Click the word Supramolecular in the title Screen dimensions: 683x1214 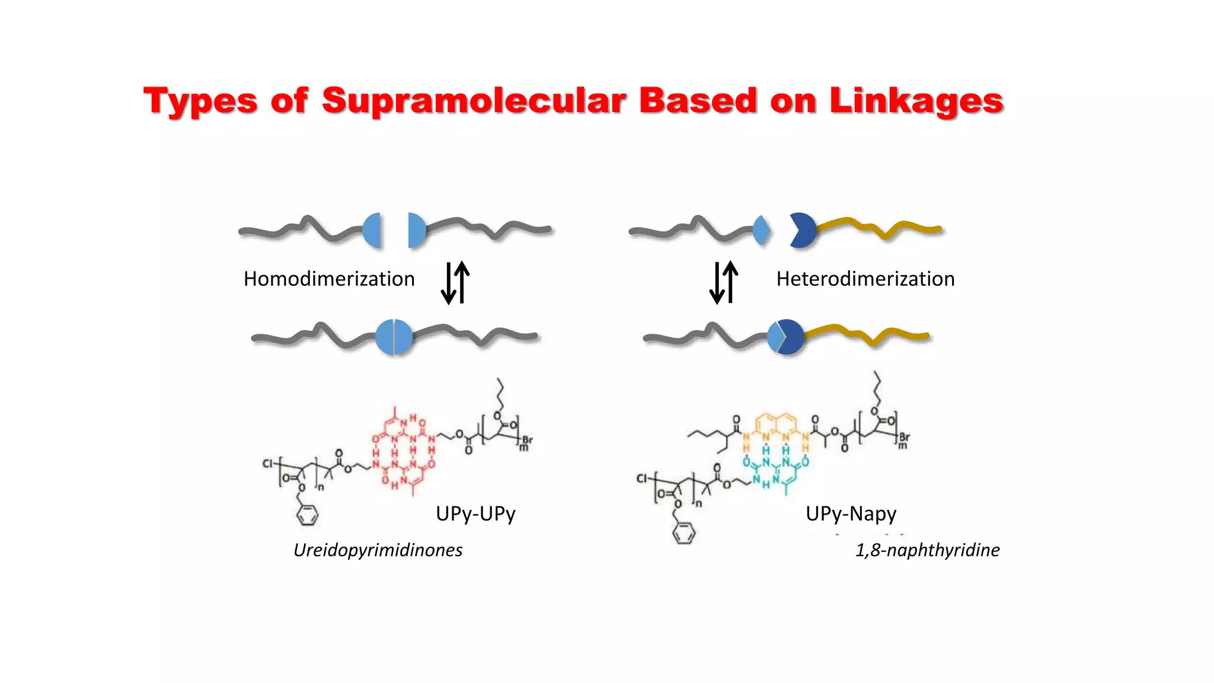[x=474, y=101]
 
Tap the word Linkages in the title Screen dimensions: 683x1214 [x=916, y=101]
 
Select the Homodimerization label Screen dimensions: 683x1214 [x=329, y=279]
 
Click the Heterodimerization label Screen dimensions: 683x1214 [x=865, y=279]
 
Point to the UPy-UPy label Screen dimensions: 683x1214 [x=475, y=513]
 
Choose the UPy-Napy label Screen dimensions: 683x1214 [x=851, y=513]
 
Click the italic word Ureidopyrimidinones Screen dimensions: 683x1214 [x=378, y=550]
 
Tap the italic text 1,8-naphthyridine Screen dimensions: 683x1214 [x=927, y=550]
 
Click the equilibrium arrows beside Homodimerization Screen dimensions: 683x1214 [x=455, y=283]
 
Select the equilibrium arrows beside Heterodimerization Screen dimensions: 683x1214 [x=724, y=283]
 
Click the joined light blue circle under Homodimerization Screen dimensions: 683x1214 [x=394, y=337]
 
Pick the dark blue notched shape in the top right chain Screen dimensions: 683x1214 [x=803, y=230]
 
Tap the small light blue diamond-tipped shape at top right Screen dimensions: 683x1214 [x=762, y=230]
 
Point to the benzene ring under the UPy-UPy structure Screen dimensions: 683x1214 [x=307, y=515]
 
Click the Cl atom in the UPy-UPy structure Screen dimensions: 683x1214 [x=269, y=463]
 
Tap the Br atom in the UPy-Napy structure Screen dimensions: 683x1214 [x=904, y=438]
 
